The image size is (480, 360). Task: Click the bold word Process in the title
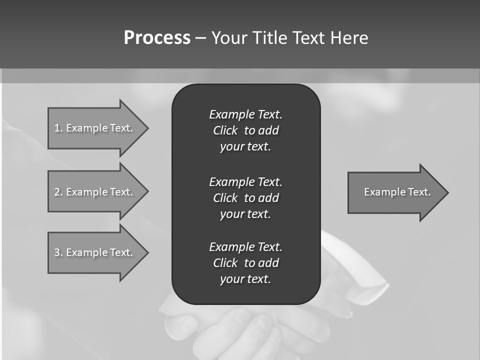coord(157,38)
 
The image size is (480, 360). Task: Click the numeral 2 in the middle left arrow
coord(57,192)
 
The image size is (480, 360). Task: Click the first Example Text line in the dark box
coord(245,114)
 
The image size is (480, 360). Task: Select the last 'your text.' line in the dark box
coord(245,279)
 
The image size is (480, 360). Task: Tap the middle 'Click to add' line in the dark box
coord(245,198)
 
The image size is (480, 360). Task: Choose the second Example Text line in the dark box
coord(245,181)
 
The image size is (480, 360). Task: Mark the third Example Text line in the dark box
coord(245,247)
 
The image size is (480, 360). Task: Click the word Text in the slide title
coord(309,38)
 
